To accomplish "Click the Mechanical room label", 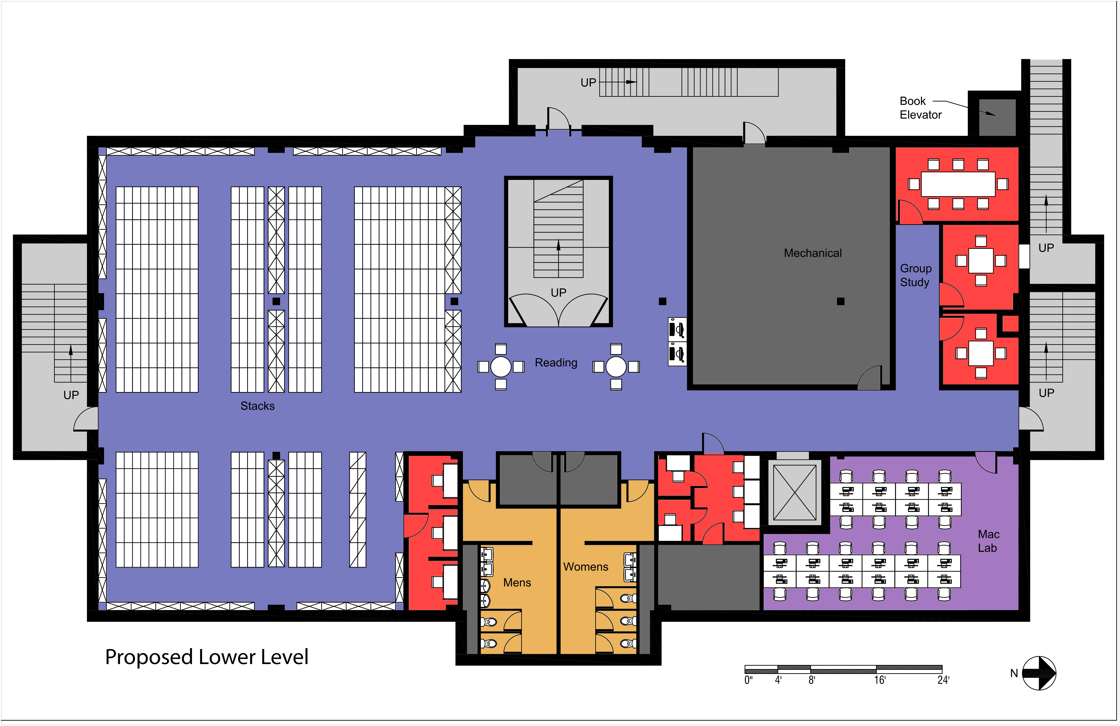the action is (813, 253).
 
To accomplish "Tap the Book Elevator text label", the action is (920, 108).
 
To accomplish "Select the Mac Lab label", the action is (988, 541).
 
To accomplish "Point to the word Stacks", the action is (257, 406).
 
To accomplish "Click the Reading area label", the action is (556, 362).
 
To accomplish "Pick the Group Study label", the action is (915, 275).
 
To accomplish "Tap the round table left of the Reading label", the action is (501, 367).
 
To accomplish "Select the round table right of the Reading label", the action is (616, 367).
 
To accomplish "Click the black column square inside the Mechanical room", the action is (841, 301).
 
